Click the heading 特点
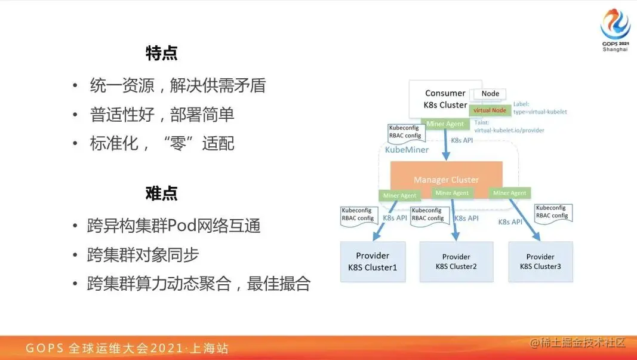(x=162, y=53)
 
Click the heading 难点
(x=162, y=193)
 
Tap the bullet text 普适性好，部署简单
(x=162, y=115)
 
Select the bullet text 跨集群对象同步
(x=143, y=255)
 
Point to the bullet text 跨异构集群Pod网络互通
(x=174, y=226)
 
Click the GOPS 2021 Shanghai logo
(x=615, y=30)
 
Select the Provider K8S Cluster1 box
(x=373, y=261)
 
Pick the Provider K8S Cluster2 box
(x=456, y=261)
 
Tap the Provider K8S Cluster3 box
(x=540, y=261)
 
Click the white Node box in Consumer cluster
(x=490, y=94)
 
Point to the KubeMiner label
(x=407, y=150)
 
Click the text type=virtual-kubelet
(x=540, y=112)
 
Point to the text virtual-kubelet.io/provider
(x=509, y=130)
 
